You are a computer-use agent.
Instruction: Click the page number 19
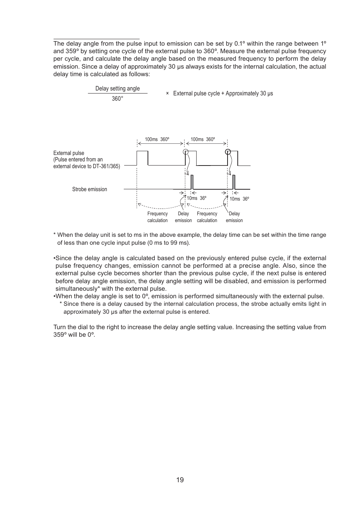180,480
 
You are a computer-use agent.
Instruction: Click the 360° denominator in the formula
117,99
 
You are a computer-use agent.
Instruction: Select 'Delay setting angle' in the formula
117,89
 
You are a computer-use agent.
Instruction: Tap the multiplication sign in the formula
167,94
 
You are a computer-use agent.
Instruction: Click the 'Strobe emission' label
89,189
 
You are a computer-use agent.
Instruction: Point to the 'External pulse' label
69,153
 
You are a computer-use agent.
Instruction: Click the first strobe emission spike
192,182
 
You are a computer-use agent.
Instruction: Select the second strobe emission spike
234,182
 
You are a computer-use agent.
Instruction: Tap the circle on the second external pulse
186,152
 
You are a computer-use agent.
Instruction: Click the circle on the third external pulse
228,152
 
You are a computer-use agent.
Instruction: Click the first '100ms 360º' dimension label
157,140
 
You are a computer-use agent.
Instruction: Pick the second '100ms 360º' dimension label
203,140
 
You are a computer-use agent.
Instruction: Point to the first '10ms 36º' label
197,198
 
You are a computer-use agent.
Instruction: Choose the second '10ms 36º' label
239,199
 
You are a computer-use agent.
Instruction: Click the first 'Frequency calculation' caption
157,217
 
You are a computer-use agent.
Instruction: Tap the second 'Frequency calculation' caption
207,217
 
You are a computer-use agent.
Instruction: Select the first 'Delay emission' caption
183,217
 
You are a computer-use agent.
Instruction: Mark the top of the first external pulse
142,151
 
